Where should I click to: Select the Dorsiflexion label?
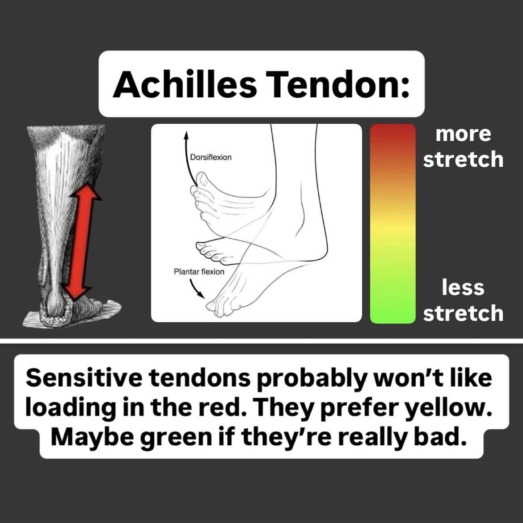point(211,157)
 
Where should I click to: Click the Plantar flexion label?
point(199,271)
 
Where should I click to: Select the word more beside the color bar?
point(463,134)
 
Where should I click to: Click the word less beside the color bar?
point(463,287)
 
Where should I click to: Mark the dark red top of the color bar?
point(392,134)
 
